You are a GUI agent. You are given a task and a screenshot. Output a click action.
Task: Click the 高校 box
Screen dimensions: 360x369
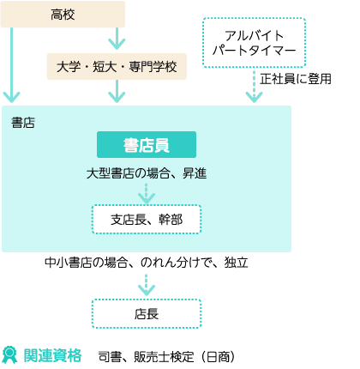pos(63,15)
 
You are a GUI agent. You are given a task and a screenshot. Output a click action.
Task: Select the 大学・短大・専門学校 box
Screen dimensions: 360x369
pos(117,66)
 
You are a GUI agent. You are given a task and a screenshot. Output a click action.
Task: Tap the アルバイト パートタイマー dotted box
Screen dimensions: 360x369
pos(254,43)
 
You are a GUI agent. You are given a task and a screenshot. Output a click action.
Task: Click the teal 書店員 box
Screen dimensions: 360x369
pos(147,145)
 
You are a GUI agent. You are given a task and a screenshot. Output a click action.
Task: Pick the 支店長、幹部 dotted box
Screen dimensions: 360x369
pos(147,220)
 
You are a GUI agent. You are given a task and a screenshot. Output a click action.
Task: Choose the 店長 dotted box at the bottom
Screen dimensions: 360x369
pos(147,314)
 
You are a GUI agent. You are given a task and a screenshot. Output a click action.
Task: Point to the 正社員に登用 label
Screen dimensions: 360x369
pos(296,79)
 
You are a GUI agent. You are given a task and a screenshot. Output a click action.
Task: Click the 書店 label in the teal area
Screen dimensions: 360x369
pos(23,123)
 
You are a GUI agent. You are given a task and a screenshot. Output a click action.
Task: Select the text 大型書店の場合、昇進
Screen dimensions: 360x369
pos(147,173)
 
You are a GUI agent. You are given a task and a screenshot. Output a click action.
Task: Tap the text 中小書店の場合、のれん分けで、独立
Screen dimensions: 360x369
pos(147,263)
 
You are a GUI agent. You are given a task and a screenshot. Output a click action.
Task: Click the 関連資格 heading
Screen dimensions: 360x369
pos(52,355)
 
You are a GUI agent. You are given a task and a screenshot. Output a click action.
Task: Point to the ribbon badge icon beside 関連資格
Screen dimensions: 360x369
pos(9,355)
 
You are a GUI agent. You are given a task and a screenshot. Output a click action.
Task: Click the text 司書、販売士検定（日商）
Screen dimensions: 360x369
pos(166,357)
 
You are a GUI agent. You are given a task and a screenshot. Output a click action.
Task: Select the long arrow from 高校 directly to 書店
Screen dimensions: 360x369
pos(11,65)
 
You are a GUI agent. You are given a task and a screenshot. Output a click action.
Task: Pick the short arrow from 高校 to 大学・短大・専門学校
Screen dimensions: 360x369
pos(117,39)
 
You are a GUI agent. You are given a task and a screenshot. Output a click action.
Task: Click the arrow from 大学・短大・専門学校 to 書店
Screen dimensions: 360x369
pos(117,91)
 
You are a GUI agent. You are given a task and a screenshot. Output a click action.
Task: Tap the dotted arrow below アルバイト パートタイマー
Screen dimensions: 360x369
pos(254,85)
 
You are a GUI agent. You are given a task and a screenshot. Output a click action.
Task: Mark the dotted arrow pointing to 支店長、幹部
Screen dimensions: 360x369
pos(147,194)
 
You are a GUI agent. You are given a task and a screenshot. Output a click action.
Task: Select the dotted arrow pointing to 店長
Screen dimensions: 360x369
pos(147,285)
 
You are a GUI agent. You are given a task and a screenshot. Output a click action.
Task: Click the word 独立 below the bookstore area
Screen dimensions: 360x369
pos(236,263)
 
